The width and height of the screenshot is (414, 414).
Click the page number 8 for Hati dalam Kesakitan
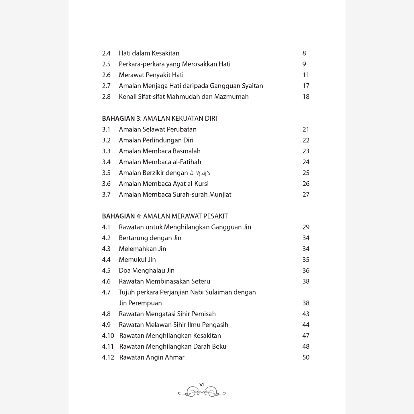pos(304,53)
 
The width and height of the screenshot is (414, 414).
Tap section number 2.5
pos(106,64)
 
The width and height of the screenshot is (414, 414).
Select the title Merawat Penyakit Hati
pos(151,75)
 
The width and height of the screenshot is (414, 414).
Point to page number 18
pos(306,97)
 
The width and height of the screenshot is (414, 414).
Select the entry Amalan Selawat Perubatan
pos(158,130)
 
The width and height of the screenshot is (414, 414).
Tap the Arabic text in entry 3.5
pos(200,173)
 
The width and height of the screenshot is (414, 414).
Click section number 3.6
pos(106,184)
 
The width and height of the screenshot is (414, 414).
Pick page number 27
pos(306,195)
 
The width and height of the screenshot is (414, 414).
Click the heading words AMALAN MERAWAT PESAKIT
pos(185,216)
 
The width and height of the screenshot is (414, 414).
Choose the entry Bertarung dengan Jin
pos(150,238)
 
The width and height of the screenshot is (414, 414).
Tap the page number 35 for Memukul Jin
pos(306,260)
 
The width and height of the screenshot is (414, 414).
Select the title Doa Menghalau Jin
pos(146,271)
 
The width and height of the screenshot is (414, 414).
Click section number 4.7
pos(106,292)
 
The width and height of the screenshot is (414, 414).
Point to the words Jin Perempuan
pos(140,303)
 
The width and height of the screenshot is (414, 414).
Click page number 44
pos(306,325)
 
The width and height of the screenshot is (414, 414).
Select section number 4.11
pos(108,347)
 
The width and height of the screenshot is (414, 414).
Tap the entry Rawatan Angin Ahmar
pos(152,358)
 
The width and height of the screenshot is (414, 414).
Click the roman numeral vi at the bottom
pos(202,384)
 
